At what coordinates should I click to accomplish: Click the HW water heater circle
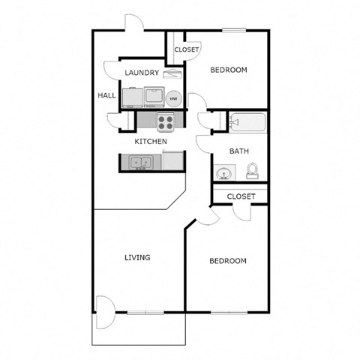click(x=173, y=98)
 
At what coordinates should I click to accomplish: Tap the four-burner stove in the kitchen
click(x=166, y=120)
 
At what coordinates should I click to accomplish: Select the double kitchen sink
click(x=138, y=161)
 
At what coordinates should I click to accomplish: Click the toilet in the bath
click(x=253, y=170)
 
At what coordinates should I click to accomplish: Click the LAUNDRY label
click(x=142, y=73)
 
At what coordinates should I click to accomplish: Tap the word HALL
click(x=106, y=96)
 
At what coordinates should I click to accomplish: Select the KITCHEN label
click(x=150, y=141)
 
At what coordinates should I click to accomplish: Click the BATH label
click(x=239, y=151)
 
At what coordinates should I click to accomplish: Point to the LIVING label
click(x=137, y=258)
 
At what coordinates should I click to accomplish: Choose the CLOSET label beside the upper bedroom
click(x=187, y=49)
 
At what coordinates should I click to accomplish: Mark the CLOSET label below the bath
click(x=241, y=196)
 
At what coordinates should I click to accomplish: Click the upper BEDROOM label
click(x=228, y=70)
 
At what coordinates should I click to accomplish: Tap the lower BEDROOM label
click(x=227, y=261)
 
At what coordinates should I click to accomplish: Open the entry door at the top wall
click(x=133, y=23)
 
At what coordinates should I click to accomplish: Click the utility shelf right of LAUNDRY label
click(x=172, y=74)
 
